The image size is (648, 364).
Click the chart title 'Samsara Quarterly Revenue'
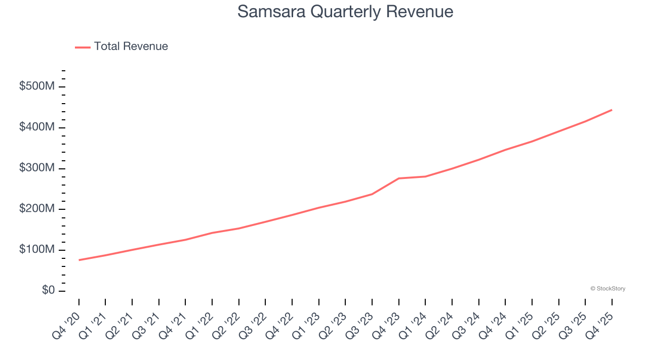pos(345,11)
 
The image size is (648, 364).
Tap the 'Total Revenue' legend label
pos(131,47)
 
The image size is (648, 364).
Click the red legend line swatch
pos(83,47)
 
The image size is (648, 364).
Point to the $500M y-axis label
pos(37,86)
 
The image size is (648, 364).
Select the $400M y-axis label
pos(37,127)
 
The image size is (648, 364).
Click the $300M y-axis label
pos(37,168)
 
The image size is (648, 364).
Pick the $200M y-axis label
pos(37,209)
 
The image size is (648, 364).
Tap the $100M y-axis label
pos(37,250)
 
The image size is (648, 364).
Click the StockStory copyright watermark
pos(607,289)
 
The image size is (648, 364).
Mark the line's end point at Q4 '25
pos(612,110)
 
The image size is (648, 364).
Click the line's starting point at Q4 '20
pos(79,260)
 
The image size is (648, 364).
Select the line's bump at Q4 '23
pos(398,178)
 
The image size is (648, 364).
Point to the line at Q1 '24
pos(425,176)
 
